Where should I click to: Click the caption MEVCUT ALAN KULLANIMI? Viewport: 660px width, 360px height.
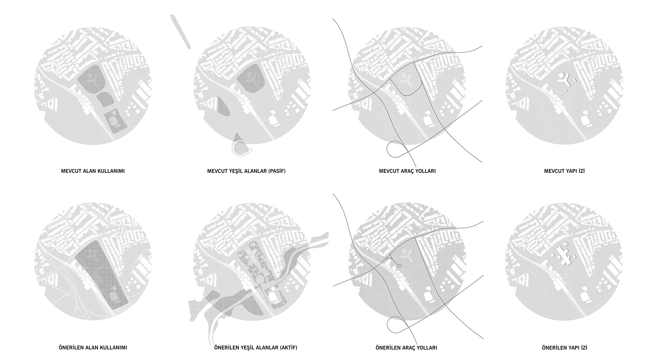pos(93,171)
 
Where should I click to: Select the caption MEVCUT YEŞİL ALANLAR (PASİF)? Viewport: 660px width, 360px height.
pos(246,171)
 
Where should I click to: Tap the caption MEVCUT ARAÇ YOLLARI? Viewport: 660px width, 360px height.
pos(407,171)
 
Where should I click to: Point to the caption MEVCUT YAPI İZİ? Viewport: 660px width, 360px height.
pos(564,171)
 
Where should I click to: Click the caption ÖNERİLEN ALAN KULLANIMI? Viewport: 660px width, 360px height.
pos(93,348)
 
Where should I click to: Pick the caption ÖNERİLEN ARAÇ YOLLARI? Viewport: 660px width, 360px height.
pos(406,348)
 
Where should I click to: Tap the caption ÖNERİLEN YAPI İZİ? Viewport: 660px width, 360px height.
pos(564,348)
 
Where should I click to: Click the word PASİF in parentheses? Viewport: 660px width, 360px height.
pos(277,171)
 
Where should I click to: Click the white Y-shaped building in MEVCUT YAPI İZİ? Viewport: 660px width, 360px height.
pos(567,81)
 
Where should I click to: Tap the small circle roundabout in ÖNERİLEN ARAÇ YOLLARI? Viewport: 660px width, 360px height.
pos(400,266)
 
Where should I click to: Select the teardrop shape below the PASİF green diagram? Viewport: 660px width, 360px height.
pos(241,145)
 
